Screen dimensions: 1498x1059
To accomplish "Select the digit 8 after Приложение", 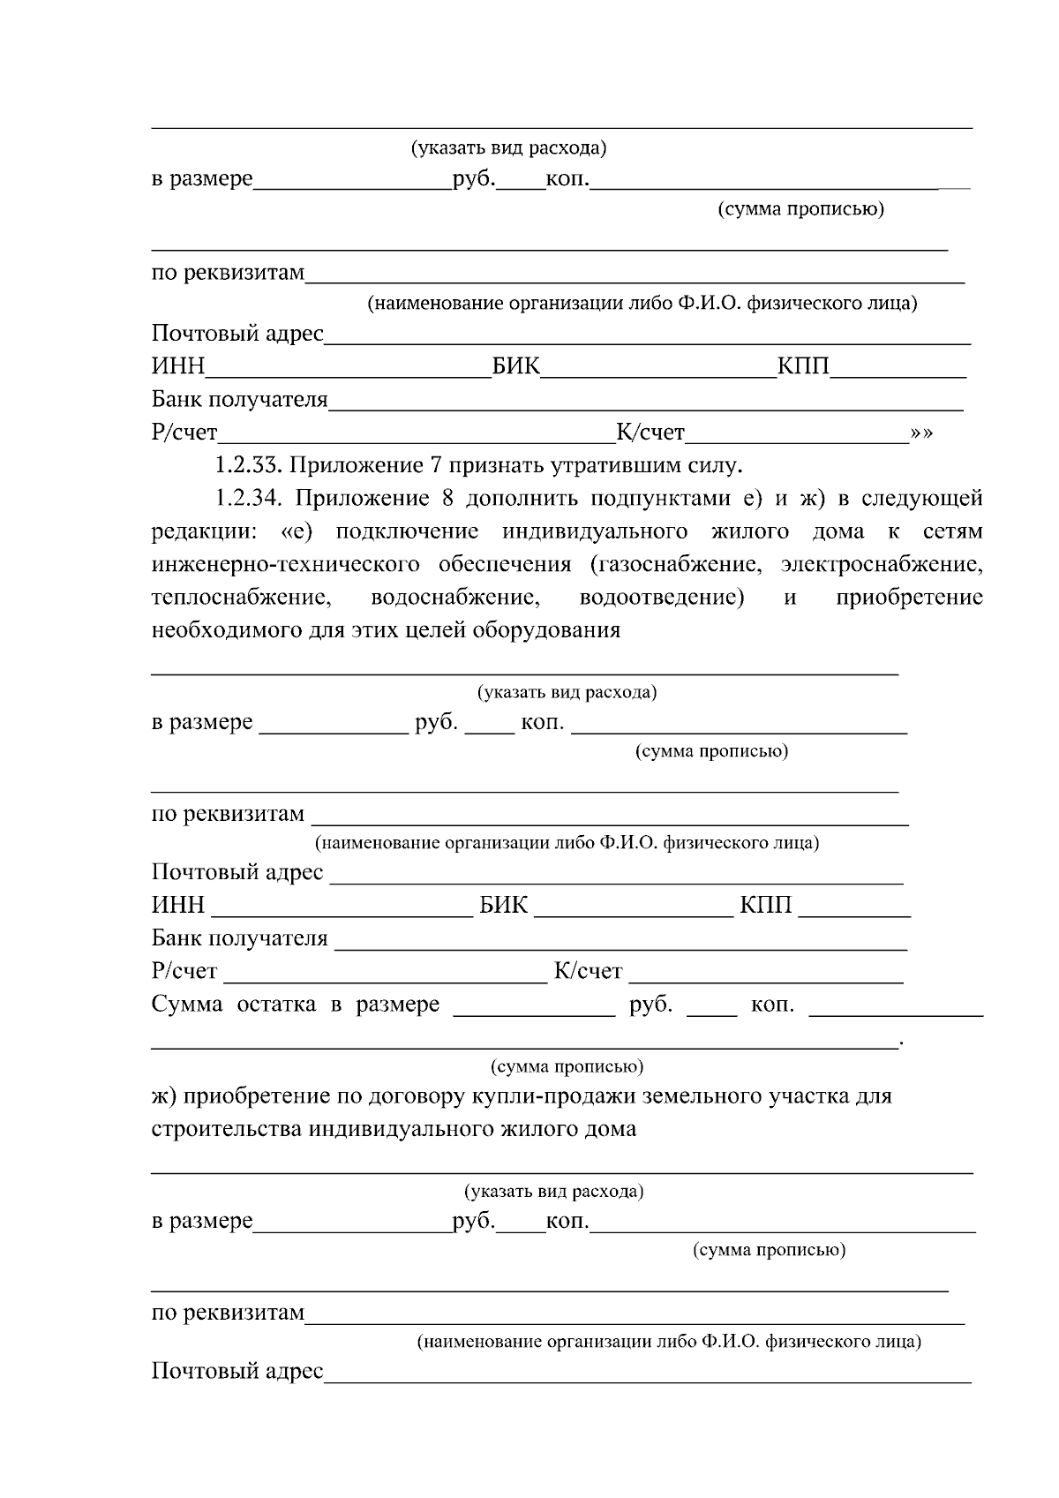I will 447,499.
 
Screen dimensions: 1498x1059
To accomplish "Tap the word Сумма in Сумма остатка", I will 187,1005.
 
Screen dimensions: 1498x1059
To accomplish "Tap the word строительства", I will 227,1130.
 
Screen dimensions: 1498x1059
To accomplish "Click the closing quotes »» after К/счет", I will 921,433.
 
